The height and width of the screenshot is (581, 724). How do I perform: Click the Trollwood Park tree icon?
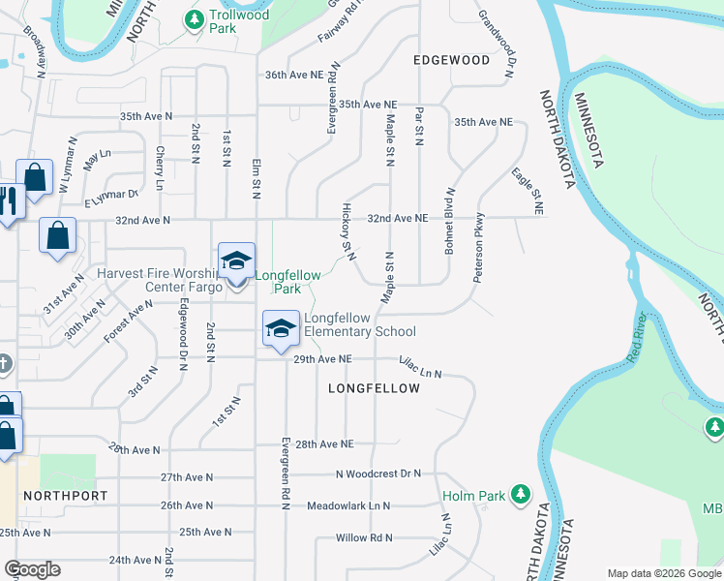195,18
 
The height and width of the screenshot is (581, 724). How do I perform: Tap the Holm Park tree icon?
521,495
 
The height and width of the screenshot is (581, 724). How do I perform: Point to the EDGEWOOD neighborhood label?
451,60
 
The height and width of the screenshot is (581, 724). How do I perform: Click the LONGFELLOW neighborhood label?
374,388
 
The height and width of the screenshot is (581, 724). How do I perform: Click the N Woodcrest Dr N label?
378,474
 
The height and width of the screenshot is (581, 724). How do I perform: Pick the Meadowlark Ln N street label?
348,505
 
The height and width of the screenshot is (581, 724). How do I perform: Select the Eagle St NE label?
528,190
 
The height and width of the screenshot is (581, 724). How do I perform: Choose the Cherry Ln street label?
160,168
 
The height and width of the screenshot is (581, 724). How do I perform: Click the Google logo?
33,569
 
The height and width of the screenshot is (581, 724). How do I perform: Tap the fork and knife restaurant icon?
9,199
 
